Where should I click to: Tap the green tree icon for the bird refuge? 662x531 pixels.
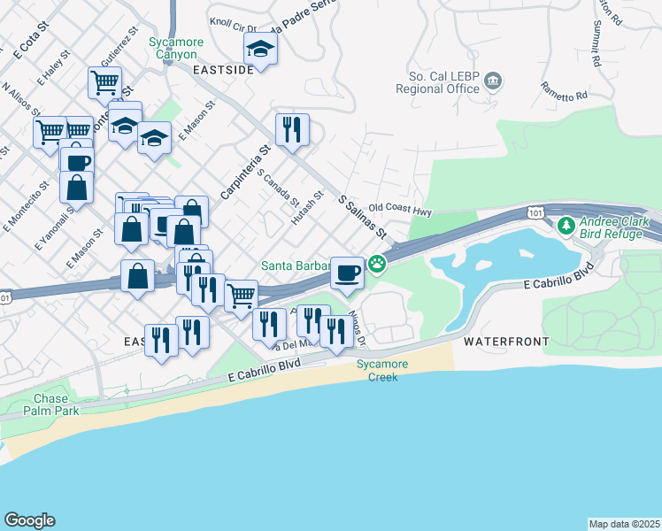[x=566, y=227]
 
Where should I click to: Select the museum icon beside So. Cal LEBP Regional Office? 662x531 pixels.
[x=493, y=82]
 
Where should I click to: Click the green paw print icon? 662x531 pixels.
[x=377, y=263]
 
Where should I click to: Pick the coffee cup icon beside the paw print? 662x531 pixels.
[x=347, y=272]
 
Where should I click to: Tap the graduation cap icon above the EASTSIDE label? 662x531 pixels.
[x=260, y=48]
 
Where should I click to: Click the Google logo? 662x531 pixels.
[x=29, y=520]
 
